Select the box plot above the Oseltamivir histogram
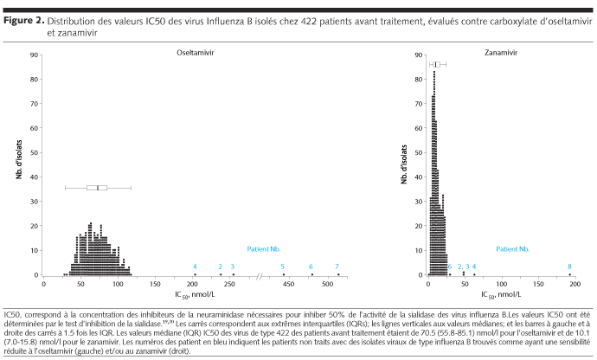coord(97,187)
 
